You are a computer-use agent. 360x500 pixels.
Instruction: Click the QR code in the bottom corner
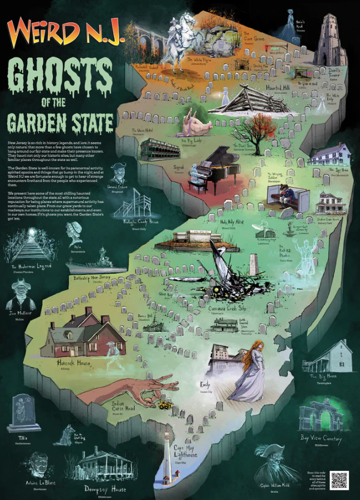339,480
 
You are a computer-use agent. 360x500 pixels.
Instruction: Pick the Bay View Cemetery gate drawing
320,416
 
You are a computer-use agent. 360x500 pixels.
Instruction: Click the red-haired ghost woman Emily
249,371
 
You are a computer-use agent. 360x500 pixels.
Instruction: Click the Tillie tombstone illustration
23,413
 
